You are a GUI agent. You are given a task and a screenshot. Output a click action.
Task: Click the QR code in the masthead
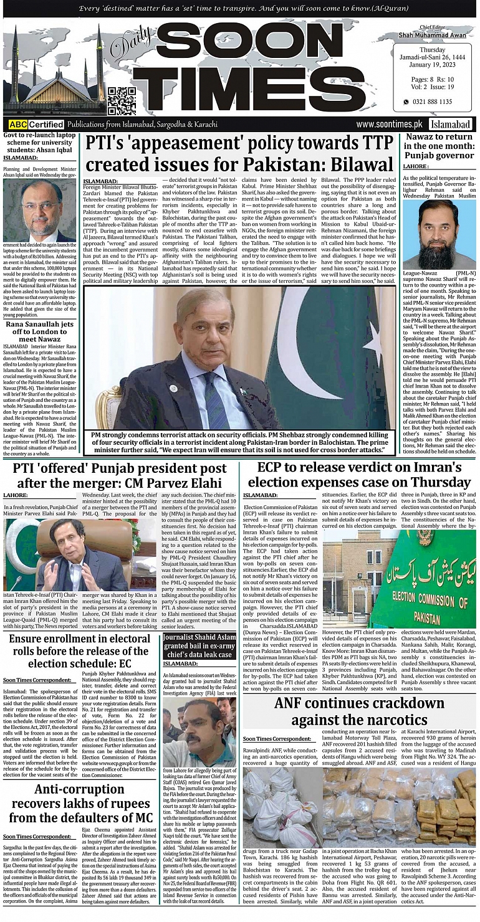click(x=122, y=101)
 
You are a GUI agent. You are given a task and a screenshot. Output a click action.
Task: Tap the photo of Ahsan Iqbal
click(x=39, y=211)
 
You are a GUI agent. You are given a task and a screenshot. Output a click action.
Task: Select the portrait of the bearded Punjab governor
click(x=439, y=234)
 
